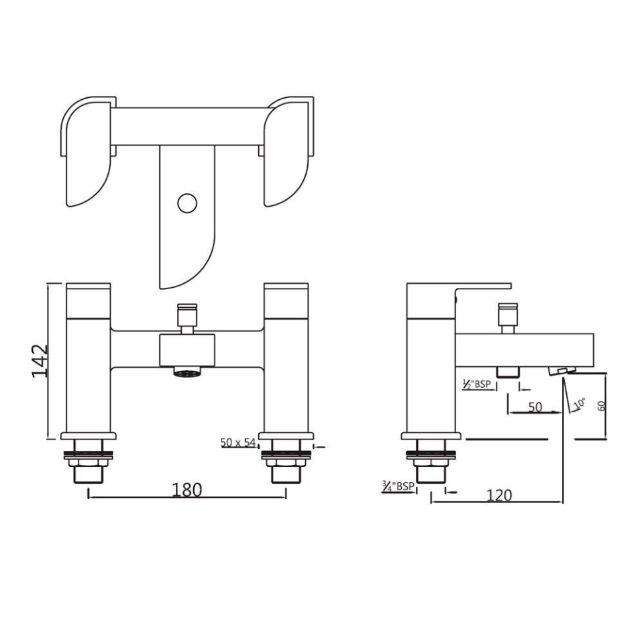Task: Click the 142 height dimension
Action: click(40, 361)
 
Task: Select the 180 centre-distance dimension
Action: click(186, 490)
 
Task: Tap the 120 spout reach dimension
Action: click(498, 495)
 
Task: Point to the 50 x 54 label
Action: click(238, 443)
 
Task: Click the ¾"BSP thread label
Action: click(398, 486)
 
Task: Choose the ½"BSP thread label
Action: click(478, 384)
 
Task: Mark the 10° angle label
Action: click(580, 403)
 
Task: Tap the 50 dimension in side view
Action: click(535, 407)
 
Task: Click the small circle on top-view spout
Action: click(187, 202)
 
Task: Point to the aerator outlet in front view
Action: click(186, 371)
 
